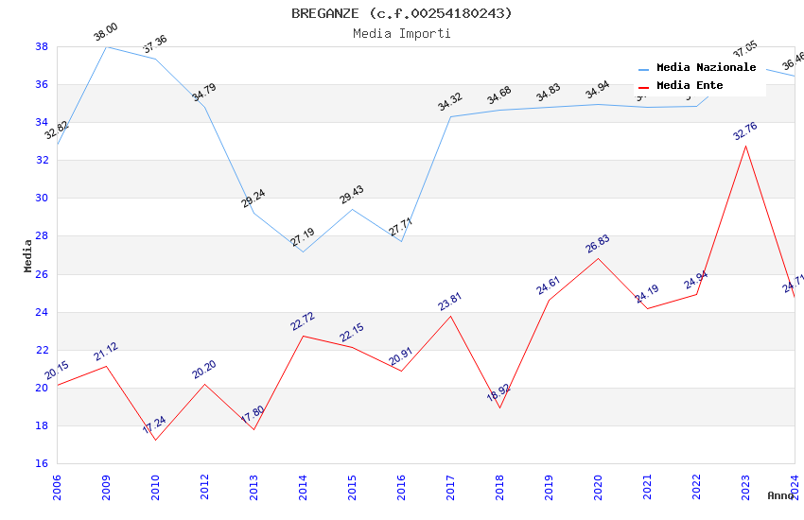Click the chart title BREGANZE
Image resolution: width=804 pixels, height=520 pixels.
[401, 13]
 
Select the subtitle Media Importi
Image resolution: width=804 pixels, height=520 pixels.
[401, 33]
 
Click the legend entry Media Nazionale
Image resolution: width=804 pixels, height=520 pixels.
[706, 68]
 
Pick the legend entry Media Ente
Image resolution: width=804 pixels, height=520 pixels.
[690, 86]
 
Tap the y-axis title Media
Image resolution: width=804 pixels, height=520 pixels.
[28, 255]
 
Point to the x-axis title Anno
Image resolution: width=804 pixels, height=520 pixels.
[780, 495]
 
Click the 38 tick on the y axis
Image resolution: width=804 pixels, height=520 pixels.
[42, 46]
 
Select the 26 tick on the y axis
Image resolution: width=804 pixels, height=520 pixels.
[42, 274]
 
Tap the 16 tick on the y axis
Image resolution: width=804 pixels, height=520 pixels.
[42, 463]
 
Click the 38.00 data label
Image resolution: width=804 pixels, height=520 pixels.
[105, 34]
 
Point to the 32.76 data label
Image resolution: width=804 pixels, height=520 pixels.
[745, 131]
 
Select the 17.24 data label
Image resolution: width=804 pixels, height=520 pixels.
[154, 425]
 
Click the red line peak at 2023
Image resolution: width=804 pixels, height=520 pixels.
[745, 146]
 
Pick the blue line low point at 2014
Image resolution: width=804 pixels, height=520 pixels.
[303, 251]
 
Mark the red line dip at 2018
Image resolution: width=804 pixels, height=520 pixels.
[499, 407]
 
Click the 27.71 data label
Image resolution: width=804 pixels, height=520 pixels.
[400, 227]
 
